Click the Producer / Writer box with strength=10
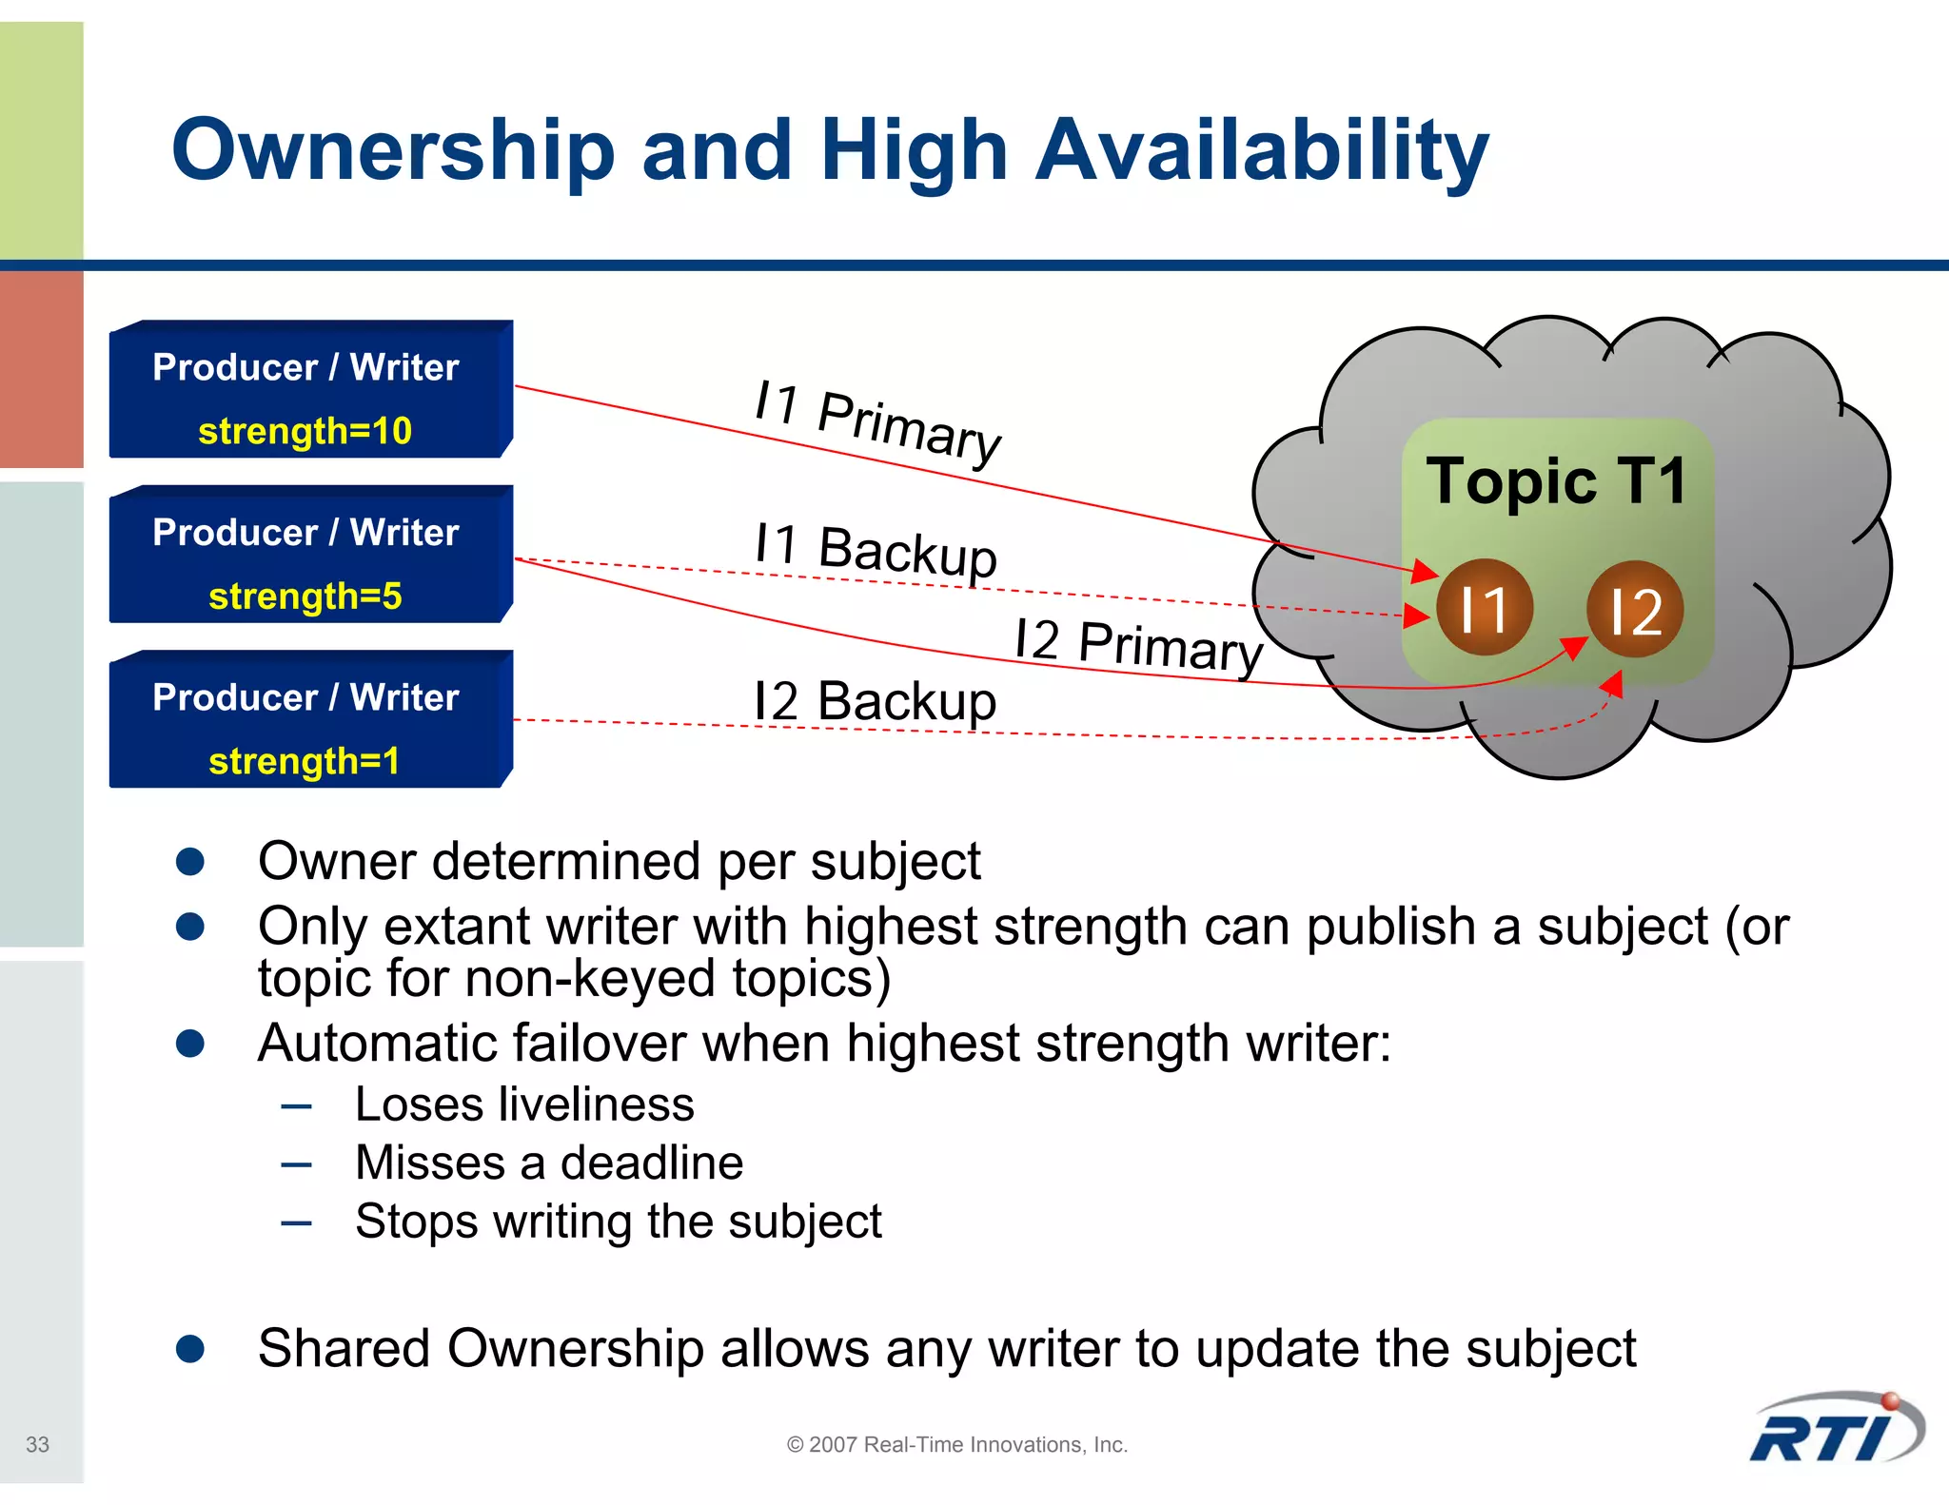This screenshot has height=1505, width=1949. click(310, 389)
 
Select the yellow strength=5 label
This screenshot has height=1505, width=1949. click(305, 596)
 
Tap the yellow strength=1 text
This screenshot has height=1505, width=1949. click(304, 761)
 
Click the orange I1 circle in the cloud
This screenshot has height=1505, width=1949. click(1484, 608)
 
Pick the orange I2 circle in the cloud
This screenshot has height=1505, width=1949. click(1635, 610)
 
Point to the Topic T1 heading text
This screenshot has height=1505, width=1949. click(1556, 480)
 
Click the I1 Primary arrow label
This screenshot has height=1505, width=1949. click(876, 422)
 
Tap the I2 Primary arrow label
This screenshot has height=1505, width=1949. click(1138, 645)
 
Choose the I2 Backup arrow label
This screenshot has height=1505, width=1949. click(875, 701)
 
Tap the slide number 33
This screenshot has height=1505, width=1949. click(37, 1444)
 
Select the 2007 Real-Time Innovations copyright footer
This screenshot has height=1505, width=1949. click(956, 1444)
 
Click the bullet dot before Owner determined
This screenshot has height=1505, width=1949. click(190, 861)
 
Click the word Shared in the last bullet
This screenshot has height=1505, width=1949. click(344, 1348)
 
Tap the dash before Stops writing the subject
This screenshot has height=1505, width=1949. click(296, 1222)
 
